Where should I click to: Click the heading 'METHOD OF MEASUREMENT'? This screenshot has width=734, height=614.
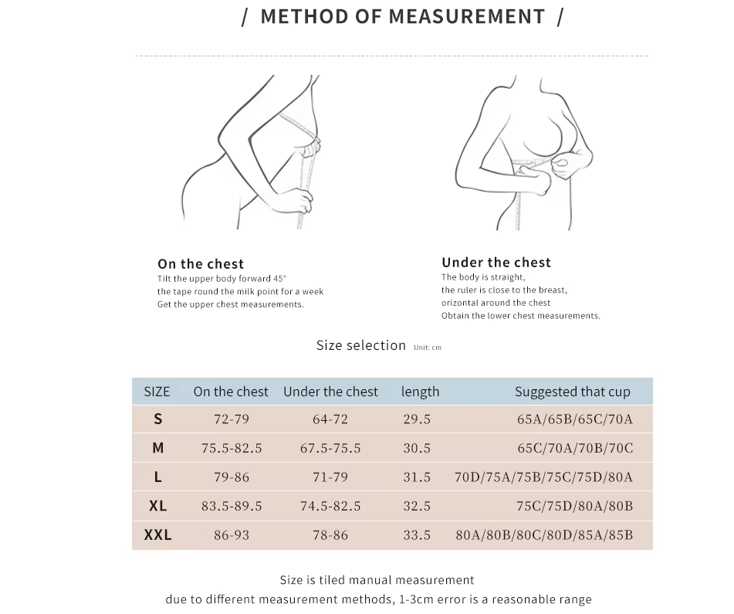pyautogui.click(x=402, y=17)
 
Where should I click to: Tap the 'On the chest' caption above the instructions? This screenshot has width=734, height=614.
pyautogui.click(x=201, y=264)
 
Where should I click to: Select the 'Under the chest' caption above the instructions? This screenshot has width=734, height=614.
pyautogui.click(x=496, y=263)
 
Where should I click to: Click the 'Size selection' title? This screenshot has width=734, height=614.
pyautogui.click(x=360, y=345)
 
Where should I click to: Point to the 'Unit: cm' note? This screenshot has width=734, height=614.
pyautogui.click(x=428, y=348)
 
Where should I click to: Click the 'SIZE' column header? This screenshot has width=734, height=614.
pyautogui.click(x=157, y=392)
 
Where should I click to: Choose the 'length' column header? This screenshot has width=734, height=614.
pyautogui.click(x=420, y=392)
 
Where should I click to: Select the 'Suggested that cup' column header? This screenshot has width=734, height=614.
pyautogui.click(x=572, y=392)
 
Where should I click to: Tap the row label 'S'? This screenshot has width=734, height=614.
pyautogui.click(x=158, y=419)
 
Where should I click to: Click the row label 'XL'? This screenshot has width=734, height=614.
pyautogui.click(x=157, y=506)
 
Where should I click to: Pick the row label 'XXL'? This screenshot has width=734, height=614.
pyautogui.click(x=157, y=534)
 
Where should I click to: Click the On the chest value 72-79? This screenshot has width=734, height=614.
pyautogui.click(x=232, y=419)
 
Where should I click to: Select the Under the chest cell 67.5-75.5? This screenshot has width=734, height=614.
pyautogui.click(x=330, y=448)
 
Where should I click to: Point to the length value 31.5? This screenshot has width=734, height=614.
pyautogui.click(x=417, y=477)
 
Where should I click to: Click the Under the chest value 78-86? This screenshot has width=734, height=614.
pyautogui.click(x=330, y=534)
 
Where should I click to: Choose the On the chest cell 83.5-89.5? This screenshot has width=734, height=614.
pyautogui.click(x=232, y=506)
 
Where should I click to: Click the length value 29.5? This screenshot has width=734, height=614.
pyautogui.click(x=417, y=419)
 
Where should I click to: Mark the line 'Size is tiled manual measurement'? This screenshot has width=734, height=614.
pyautogui.click(x=377, y=580)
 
